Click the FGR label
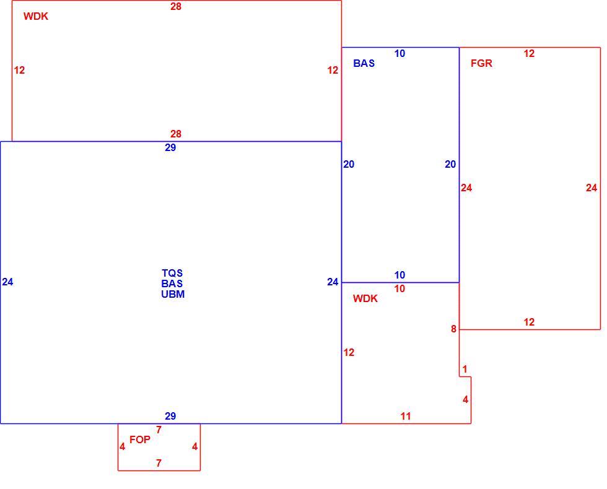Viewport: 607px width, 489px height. tap(481, 63)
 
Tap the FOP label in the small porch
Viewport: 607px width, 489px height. tap(140, 439)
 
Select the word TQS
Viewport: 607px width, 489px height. tap(172, 273)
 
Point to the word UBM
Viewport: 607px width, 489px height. tap(173, 294)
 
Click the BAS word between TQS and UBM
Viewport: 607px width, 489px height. tap(172, 283)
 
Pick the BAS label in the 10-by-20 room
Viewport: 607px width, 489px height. tap(364, 63)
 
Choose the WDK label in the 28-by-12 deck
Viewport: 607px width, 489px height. tap(36, 16)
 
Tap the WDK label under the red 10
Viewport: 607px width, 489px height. tap(365, 298)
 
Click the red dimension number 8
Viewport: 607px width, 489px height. tap(453, 329)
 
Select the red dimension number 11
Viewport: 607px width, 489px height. tap(405, 416)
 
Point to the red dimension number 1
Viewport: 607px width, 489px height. tap(465, 370)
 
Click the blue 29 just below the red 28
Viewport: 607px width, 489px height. tap(170, 148)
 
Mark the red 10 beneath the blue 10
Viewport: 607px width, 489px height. tap(400, 289)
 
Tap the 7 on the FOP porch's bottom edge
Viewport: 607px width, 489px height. tap(159, 463)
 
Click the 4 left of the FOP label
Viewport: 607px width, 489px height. tap(123, 447)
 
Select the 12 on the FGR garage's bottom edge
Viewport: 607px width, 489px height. tap(529, 322)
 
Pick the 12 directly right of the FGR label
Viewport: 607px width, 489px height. tap(529, 54)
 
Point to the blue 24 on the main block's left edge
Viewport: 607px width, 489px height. tap(7, 282)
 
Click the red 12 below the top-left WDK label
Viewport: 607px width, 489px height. tap(19, 71)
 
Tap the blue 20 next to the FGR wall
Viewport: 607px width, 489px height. tap(450, 165)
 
